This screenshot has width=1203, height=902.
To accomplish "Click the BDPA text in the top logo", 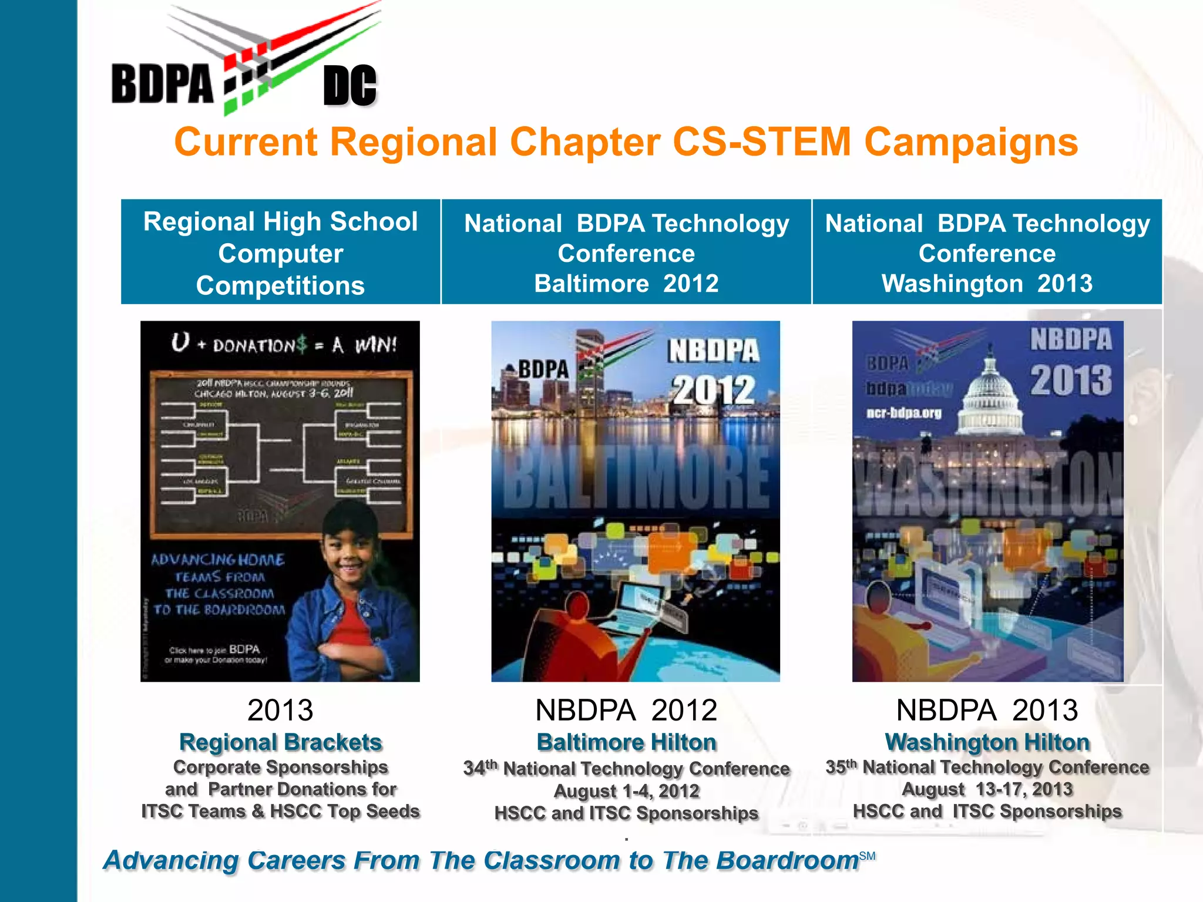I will click(162, 84).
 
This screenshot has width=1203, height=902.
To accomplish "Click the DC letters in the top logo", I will click(350, 86).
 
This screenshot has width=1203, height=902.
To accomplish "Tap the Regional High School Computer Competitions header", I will click(281, 253).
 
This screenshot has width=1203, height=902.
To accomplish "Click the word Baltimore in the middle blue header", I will click(592, 284).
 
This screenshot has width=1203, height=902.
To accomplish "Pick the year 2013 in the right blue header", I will click(1064, 284).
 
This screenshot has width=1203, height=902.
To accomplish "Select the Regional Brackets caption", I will click(281, 742).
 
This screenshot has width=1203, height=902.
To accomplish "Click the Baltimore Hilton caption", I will click(626, 742).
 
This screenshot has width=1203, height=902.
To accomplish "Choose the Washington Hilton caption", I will click(987, 742).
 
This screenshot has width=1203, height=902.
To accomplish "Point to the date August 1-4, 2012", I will click(626, 791).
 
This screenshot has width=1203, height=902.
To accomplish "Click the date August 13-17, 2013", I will click(987, 789).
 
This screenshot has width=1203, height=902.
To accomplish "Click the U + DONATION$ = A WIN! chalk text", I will click(284, 344).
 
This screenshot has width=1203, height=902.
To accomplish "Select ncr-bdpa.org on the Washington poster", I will click(904, 413).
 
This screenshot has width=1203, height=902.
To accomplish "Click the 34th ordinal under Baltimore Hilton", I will click(480, 768).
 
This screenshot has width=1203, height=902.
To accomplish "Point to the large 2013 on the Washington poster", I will click(1071, 380).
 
